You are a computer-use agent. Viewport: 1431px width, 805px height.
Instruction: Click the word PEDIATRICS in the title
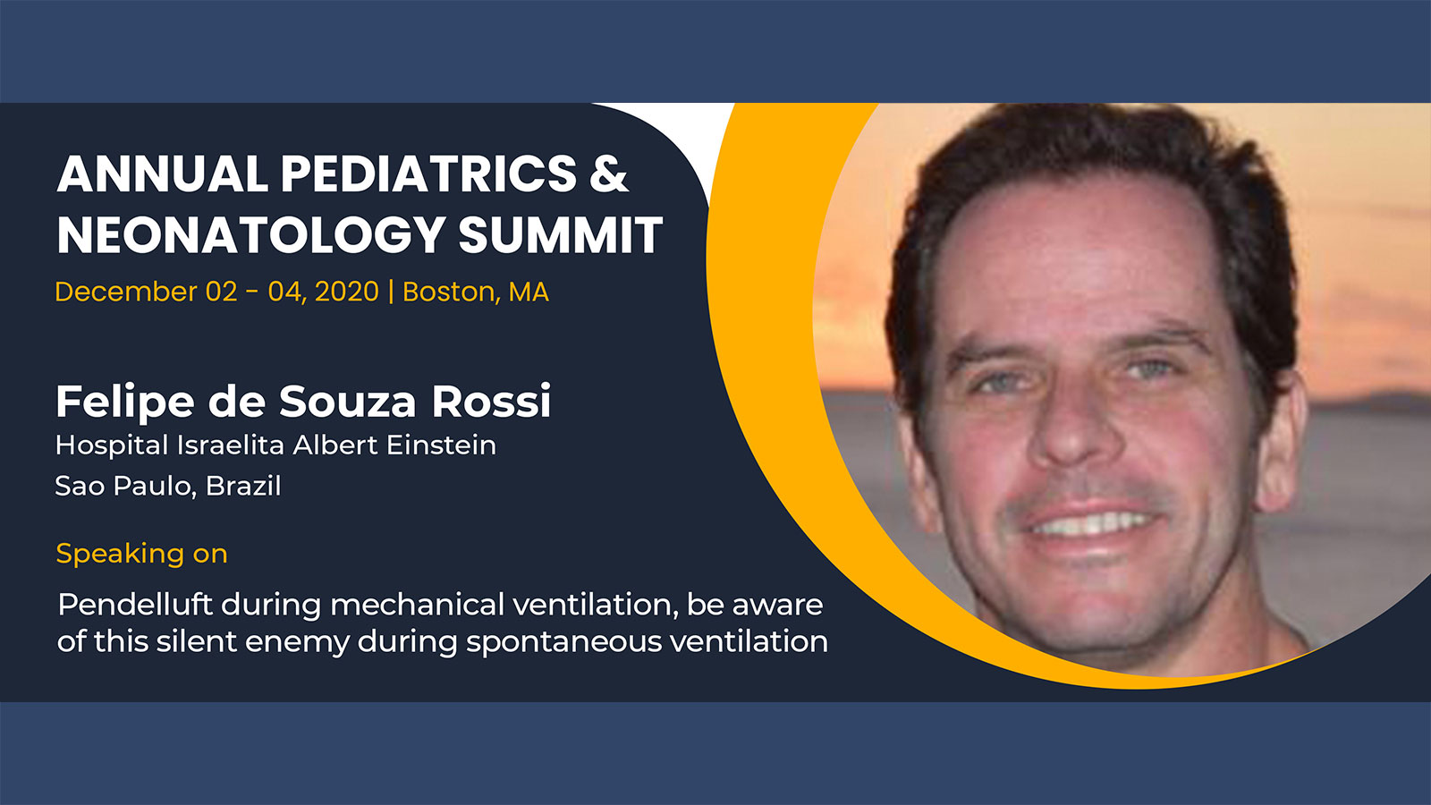(x=428, y=174)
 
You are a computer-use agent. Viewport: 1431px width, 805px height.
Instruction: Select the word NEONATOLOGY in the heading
(x=251, y=235)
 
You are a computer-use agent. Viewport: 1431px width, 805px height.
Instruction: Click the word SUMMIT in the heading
(x=560, y=234)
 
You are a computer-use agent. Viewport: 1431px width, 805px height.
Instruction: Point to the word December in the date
(x=126, y=292)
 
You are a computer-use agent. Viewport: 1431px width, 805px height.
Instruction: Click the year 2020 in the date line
(x=347, y=292)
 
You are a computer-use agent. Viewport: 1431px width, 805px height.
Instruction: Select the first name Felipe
(x=124, y=402)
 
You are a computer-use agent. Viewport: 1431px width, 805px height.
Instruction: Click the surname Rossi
(x=491, y=402)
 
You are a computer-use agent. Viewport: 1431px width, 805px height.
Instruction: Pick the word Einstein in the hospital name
(x=441, y=445)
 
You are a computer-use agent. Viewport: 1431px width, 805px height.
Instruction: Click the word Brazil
(x=243, y=486)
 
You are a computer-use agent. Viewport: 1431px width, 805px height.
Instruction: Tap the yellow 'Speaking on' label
(x=142, y=554)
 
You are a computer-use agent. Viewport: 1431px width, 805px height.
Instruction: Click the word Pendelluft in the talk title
(x=135, y=605)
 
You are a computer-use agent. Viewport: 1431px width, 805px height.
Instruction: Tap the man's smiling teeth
(x=1094, y=525)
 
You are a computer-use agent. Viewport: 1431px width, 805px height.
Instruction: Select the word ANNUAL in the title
(x=162, y=174)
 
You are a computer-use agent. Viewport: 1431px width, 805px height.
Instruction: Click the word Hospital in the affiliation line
(x=112, y=445)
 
